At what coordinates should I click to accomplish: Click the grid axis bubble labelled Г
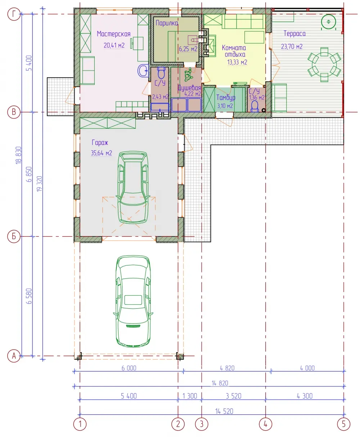pyautogui.click(x=14, y=14)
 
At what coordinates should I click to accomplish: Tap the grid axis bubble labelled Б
pyautogui.click(x=14, y=236)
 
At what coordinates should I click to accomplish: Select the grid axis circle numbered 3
pyautogui.click(x=202, y=424)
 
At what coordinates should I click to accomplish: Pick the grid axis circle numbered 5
pyautogui.click(x=343, y=424)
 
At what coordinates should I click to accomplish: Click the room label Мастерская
pyautogui.click(x=114, y=34)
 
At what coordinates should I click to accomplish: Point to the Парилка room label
pyautogui.click(x=167, y=23)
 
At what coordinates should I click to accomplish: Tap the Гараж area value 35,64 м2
pyautogui.click(x=101, y=153)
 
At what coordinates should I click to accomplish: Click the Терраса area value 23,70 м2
pyautogui.click(x=292, y=46)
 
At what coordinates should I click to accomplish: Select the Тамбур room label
pyautogui.click(x=226, y=97)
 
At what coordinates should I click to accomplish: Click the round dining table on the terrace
pyautogui.click(x=324, y=65)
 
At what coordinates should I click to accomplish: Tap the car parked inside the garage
pyautogui.click(x=133, y=187)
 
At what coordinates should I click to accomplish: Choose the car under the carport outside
pyautogui.click(x=133, y=301)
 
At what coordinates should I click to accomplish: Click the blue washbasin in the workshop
pyautogui.click(x=143, y=71)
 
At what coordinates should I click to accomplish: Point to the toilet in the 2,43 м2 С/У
pyautogui.click(x=161, y=73)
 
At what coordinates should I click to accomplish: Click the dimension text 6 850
pyautogui.click(x=29, y=174)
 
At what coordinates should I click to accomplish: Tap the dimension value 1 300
pyautogui.click(x=190, y=396)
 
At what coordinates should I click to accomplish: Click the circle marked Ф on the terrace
pyautogui.click(x=328, y=22)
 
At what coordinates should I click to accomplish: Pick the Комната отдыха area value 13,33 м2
pyautogui.click(x=237, y=62)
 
